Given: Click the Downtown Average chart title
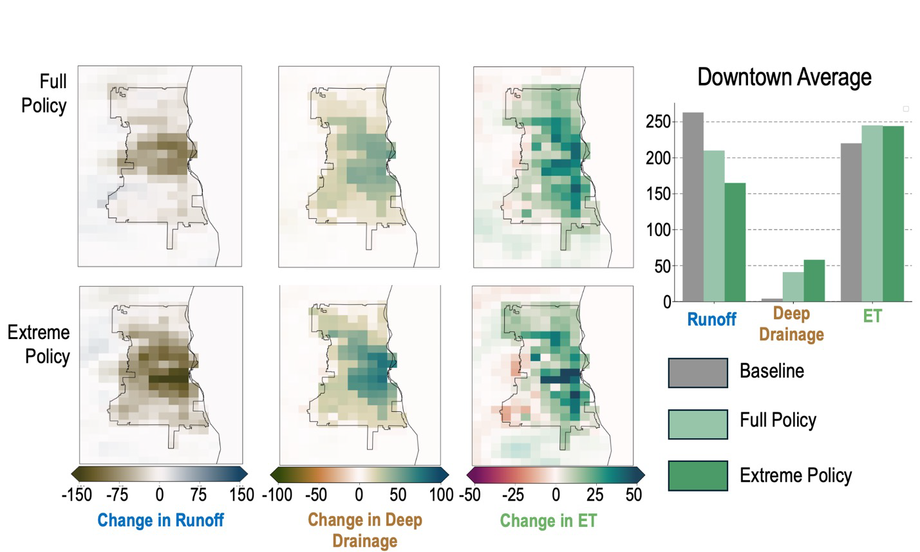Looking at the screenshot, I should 784,77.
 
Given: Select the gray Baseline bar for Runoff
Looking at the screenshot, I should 693,207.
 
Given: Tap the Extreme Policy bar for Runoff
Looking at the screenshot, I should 735,242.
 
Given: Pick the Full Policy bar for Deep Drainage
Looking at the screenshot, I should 793,287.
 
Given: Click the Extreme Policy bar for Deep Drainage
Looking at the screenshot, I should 814,281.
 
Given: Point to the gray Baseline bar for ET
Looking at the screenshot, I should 851,222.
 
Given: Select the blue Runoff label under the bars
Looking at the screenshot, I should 711,320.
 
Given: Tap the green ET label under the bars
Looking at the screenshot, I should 872,316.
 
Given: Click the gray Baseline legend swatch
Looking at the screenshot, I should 698,373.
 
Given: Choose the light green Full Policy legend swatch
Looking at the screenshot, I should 698,424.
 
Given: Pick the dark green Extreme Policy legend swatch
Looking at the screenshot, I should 698,476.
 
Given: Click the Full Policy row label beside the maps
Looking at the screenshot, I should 44,94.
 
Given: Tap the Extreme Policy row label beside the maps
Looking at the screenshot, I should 39,344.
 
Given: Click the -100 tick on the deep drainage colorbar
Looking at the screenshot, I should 277,495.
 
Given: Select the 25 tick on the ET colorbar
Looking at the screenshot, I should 595,495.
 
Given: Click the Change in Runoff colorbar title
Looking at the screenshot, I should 160,520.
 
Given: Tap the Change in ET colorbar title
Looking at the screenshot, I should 549,520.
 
